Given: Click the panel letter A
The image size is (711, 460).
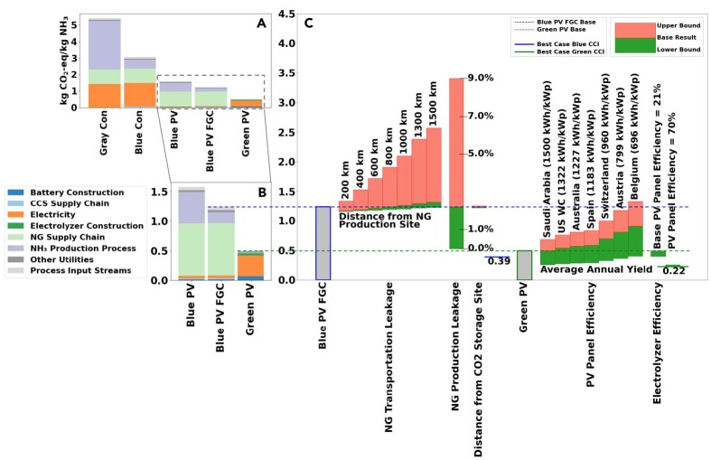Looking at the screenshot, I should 261,24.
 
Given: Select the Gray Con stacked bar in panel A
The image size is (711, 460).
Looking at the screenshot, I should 105,62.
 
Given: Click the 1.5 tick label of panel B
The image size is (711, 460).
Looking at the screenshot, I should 159,192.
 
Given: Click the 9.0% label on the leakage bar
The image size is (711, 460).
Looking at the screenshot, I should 479,79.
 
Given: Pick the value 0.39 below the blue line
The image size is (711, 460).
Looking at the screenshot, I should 498,261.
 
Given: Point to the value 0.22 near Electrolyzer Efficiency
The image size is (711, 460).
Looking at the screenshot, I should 670,271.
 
